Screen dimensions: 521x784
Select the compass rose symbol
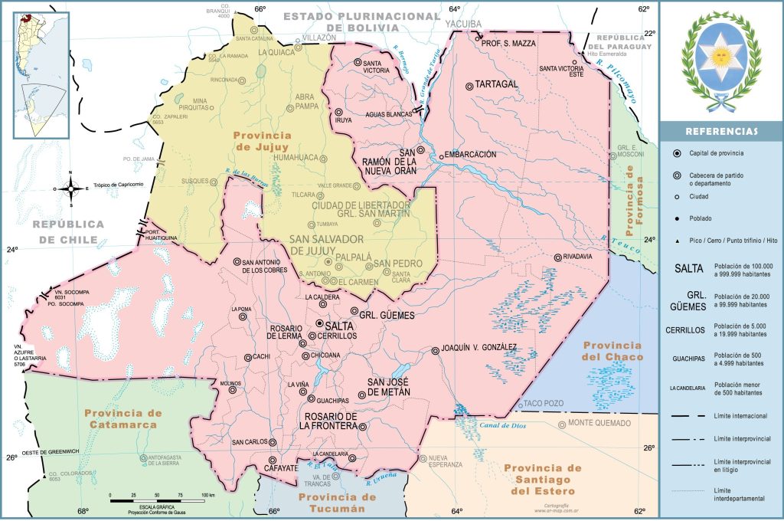tap(70, 187)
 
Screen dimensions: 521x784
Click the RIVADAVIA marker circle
tap(558, 257)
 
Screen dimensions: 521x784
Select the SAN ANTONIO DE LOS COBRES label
tap(267, 266)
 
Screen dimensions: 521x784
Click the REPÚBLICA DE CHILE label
tap(67, 231)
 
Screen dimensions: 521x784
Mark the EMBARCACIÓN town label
tap(470, 154)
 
